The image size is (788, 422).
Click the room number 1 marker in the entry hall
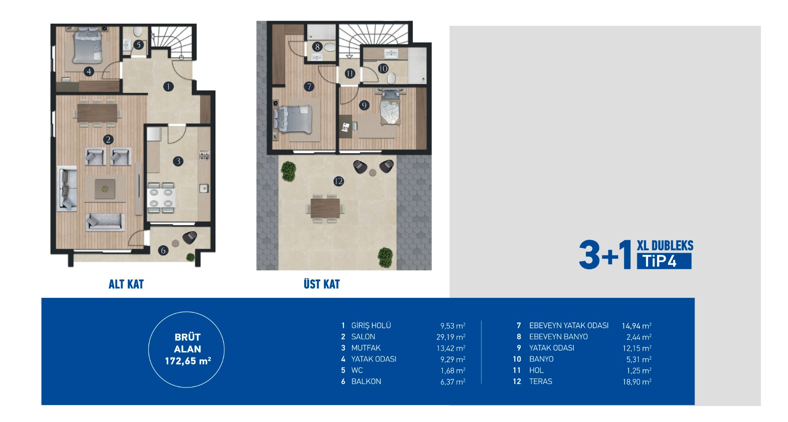click(168, 87)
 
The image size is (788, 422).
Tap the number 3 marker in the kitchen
click(178, 161)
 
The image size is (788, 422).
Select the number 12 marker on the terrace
click(338, 181)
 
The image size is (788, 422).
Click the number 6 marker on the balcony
click(163, 251)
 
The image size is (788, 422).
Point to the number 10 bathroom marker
click(383, 68)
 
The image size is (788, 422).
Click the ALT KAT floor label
click(126, 284)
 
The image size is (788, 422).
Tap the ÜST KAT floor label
click(322, 284)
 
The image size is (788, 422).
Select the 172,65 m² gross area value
click(188, 361)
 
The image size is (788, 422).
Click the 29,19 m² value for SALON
click(451, 337)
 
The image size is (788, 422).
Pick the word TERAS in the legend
click(541, 381)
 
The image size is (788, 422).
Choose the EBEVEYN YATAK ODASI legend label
click(569, 326)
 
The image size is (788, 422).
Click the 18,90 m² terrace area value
click(637, 382)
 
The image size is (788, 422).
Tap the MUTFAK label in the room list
click(366, 348)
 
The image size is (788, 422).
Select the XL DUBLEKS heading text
click(665, 246)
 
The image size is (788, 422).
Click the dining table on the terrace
click(325, 208)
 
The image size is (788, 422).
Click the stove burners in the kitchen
click(204, 156)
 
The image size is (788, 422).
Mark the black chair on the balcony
click(189, 238)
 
